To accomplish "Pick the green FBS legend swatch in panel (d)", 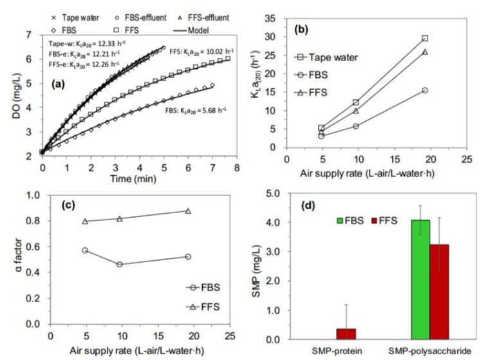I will pyautogui.click(x=339, y=221).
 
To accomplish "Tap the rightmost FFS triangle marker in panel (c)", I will pyautogui.click(x=188, y=211).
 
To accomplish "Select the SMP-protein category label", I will pyautogui.click(x=339, y=351).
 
